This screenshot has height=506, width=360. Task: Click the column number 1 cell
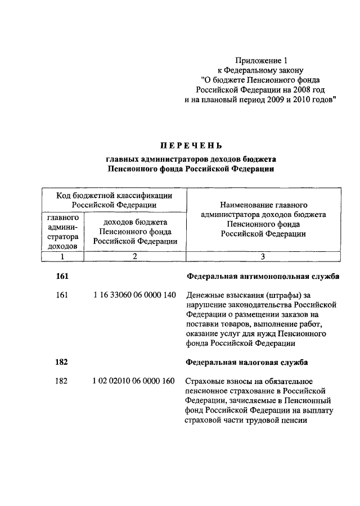[62, 256]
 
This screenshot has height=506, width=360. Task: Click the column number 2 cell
[135, 256]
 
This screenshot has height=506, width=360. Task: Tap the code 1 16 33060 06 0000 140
[135, 295]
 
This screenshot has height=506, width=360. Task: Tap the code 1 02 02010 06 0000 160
[135, 381]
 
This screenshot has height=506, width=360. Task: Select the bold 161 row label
[62, 276]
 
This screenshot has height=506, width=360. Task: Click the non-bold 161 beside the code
[62, 295]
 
